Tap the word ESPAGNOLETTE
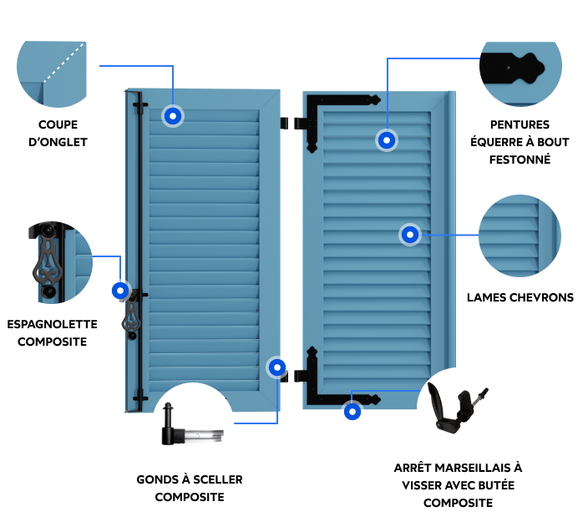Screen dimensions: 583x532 click(52, 324)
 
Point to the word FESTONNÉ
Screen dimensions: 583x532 click(520, 160)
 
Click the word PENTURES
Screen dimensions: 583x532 click(520, 124)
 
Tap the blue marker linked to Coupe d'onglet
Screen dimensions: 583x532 click(173, 116)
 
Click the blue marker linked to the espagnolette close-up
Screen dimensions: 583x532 click(120, 291)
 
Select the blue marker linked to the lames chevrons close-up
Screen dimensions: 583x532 click(410, 235)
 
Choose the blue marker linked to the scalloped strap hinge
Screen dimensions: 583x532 click(387, 140)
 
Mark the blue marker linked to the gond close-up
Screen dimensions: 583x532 click(277, 367)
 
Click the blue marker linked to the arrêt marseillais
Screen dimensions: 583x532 click(352, 412)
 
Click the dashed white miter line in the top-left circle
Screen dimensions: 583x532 click(63, 62)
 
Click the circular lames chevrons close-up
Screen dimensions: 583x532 click(520, 236)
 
